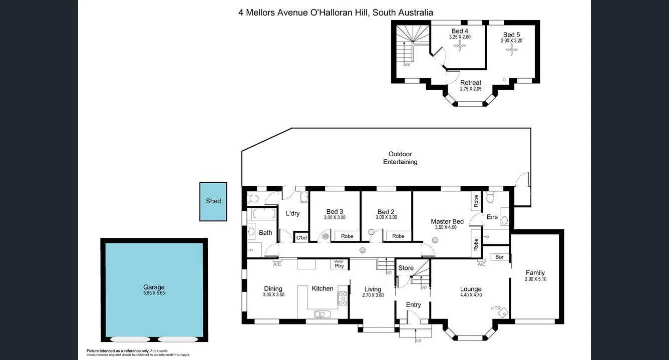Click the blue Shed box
213,201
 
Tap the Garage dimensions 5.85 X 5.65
154,293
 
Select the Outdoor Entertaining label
400,158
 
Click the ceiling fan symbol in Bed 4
460,47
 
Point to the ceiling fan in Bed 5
512,49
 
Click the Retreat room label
470,83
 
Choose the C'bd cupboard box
301,238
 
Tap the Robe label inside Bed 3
347,236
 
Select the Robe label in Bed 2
398,236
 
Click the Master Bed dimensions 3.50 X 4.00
446,228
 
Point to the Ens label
492,217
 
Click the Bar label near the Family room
499,257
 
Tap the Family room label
535,273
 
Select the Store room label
406,268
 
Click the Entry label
413,304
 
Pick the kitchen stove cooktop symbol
343,298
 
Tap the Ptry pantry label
339,265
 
